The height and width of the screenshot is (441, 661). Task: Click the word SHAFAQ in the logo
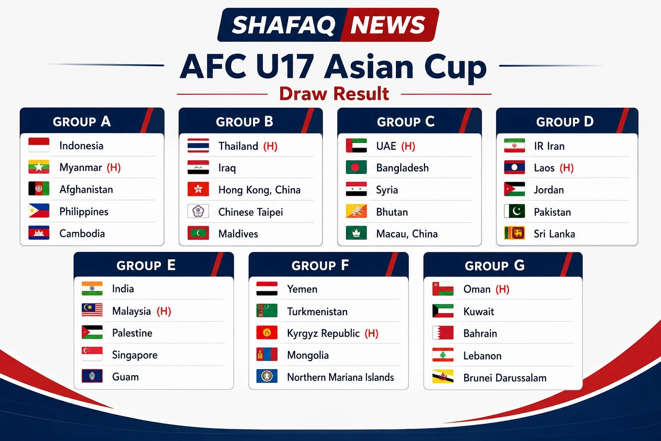click(x=284, y=25)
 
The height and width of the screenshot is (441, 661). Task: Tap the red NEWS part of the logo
click(x=388, y=25)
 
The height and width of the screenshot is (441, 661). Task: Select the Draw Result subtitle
click(x=334, y=93)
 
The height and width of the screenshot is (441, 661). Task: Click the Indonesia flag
click(x=39, y=145)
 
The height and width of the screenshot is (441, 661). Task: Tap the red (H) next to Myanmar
click(x=114, y=168)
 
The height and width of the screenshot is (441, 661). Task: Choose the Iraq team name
click(x=227, y=168)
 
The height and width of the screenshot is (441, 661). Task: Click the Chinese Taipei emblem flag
click(x=198, y=211)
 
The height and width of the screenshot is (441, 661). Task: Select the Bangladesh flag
click(x=356, y=168)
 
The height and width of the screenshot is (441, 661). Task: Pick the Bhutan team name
click(x=392, y=212)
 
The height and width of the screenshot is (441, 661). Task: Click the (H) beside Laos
click(x=567, y=168)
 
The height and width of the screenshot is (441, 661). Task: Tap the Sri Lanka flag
click(x=514, y=233)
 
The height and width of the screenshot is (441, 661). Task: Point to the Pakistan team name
click(x=552, y=212)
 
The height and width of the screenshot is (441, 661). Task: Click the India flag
click(x=92, y=289)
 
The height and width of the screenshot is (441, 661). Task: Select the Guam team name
click(x=125, y=377)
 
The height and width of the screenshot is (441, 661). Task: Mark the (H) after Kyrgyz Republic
click(x=371, y=333)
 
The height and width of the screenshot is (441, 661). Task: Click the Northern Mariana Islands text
click(x=340, y=377)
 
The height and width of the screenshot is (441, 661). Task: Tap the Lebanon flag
click(x=443, y=355)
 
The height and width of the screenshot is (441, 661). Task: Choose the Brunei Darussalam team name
click(x=505, y=378)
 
